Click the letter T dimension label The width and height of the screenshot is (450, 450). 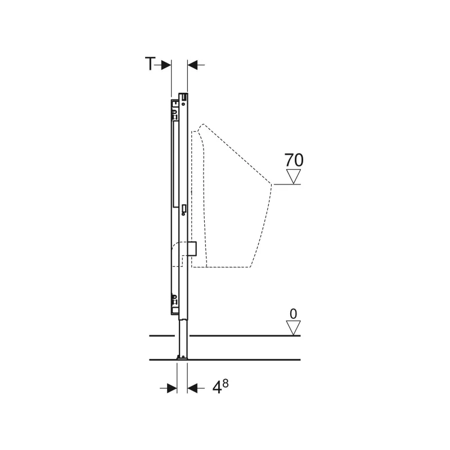click(x=150, y=64)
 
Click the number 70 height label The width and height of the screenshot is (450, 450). click(x=294, y=160)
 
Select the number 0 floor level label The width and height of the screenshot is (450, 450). click(x=293, y=314)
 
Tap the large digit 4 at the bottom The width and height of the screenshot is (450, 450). click(x=217, y=388)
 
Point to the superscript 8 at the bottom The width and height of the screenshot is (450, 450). click(x=226, y=383)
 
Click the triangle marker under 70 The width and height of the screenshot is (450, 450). click(x=293, y=176)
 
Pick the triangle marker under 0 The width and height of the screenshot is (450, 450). click(x=293, y=328)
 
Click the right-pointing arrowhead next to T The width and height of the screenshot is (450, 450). click(x=166, y=65)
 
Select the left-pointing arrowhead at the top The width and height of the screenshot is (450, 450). click(x=192, y=65)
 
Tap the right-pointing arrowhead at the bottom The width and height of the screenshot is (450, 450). click(x=172, y=388)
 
